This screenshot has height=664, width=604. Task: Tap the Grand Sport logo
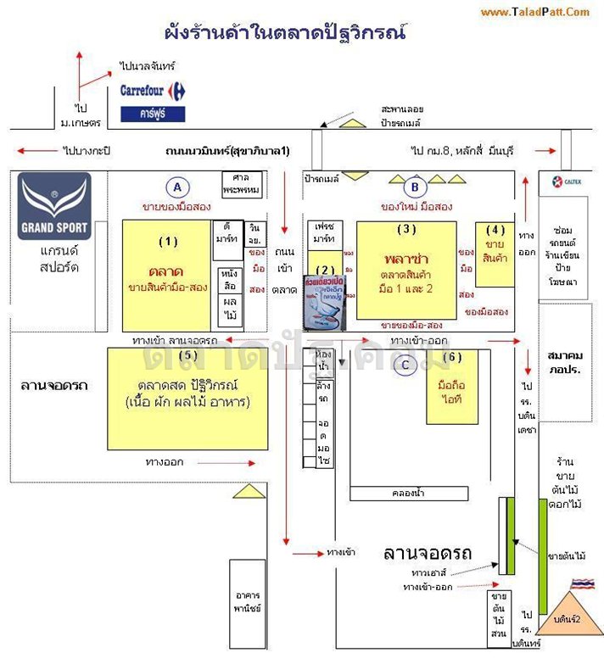tap(54, 206)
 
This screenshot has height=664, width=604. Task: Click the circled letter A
tap(177, 187)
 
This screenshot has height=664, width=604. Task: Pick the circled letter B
tap(415, 187)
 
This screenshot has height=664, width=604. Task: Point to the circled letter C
tap(405, 365)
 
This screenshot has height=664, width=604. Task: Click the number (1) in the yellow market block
tap(168, 242)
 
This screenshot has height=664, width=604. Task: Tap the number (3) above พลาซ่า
tap(407, 230)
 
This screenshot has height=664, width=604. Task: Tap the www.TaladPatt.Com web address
tap(534, 12)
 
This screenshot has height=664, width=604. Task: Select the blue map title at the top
tap(286, 35)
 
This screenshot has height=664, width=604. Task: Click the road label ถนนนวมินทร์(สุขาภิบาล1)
tap(227, 151)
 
